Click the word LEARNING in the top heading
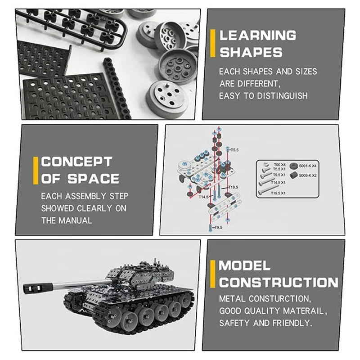coord(258,35)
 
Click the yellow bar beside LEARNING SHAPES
coord(213,43)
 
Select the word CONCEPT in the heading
coord(70,162)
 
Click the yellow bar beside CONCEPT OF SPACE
coord(35,170)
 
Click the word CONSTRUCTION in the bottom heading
coord(279,283)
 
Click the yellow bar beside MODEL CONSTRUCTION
coord(213,273)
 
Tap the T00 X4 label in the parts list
coord(279,165)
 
